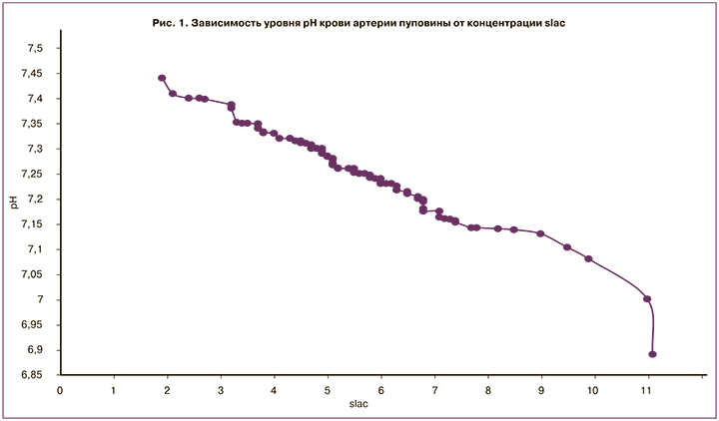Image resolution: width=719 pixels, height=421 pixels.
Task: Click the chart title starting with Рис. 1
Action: [353, 23]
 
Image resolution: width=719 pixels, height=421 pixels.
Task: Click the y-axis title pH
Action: [14, 206]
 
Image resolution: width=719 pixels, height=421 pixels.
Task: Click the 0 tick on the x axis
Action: [60, 390]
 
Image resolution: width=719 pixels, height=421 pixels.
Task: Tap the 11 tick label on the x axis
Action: [647, 390]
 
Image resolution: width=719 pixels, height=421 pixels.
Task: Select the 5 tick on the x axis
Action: [327, 390]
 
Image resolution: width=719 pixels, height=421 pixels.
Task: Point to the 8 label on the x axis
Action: [487, 390]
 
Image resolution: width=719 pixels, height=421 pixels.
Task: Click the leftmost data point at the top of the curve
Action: [162, 78]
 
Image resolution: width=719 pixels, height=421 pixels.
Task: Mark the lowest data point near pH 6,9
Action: [652, 353]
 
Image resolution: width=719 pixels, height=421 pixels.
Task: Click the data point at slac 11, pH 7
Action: [647, 298]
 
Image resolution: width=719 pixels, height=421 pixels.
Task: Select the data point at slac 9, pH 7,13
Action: [540, 233]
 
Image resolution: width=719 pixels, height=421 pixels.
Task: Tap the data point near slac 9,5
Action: [567, 246]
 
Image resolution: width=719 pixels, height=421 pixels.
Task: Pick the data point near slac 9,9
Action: [588, 258]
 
